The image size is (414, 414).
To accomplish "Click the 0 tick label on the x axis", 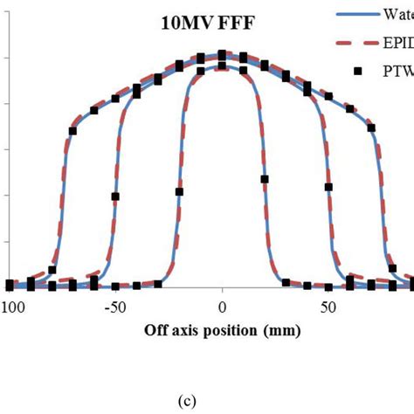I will coord(222,307).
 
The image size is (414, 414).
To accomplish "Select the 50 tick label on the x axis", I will coord(328,307).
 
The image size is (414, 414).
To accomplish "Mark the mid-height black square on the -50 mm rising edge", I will coord(115,197).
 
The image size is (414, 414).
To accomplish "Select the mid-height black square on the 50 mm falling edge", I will coord(328,186).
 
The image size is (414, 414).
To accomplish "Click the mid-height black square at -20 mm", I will coord(179,191).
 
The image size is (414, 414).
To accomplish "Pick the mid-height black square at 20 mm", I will coord(265,179).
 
